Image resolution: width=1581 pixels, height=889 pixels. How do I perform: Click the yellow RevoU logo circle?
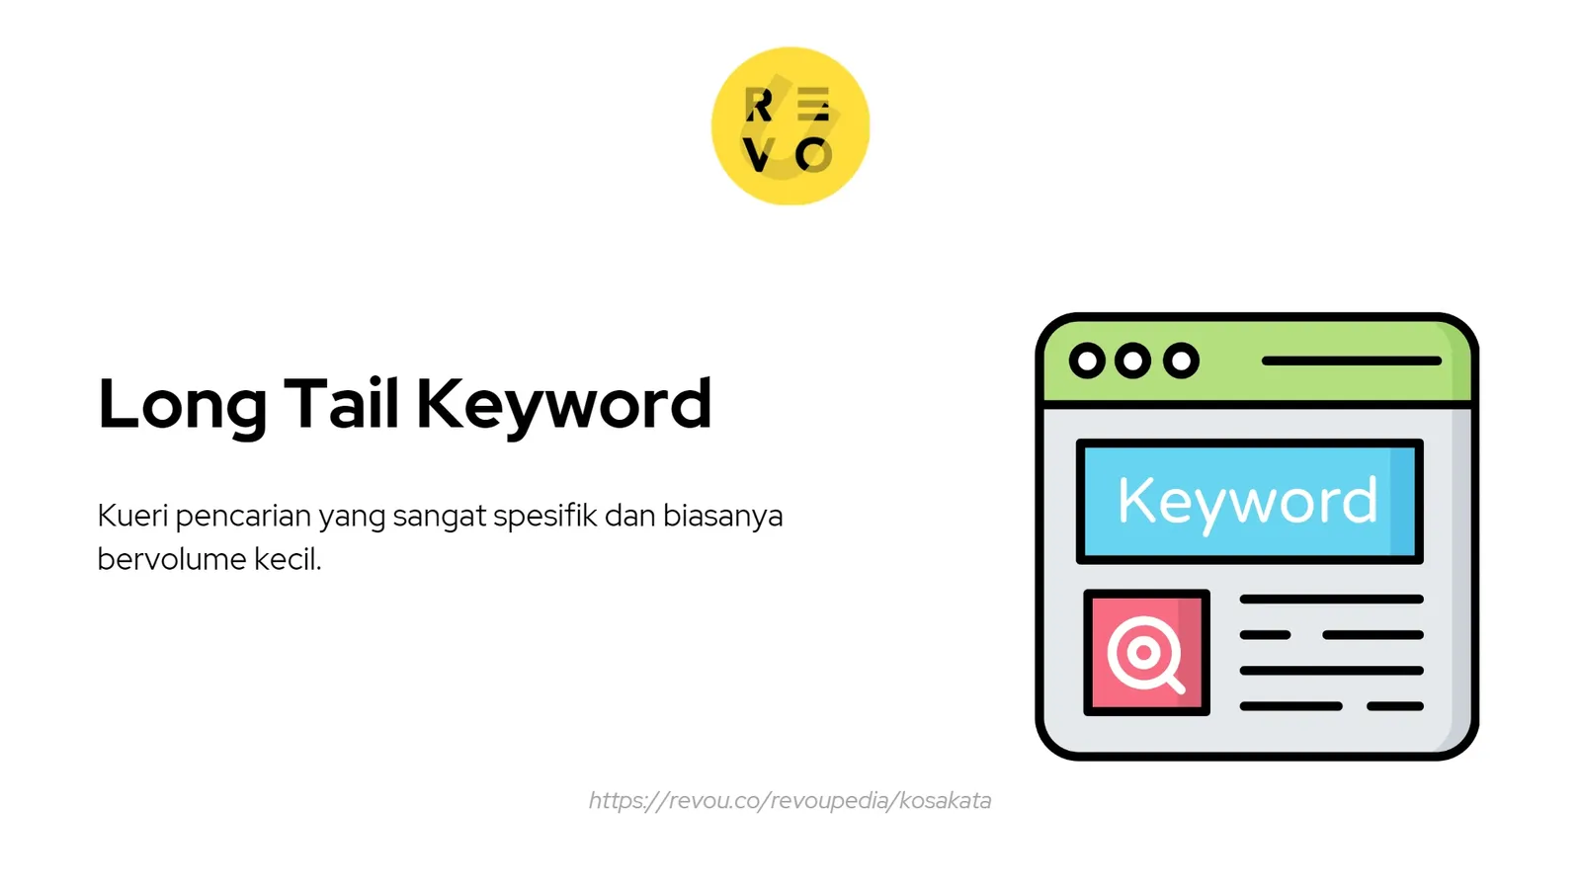pos(790,126)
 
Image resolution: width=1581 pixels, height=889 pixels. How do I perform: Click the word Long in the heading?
pos(182,405)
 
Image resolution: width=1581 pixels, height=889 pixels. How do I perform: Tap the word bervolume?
pos(172,559)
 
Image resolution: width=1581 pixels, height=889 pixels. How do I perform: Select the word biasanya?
pos(722,516)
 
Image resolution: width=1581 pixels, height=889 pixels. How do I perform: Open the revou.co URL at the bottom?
pos(790,800)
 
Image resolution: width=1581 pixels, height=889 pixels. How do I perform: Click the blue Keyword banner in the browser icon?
pos(1249,501)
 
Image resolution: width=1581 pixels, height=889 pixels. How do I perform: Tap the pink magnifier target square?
pos(1146,652)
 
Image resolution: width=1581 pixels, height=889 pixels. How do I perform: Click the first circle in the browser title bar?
pos(1087,361)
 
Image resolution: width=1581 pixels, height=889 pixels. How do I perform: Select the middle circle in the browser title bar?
pos(1133,361)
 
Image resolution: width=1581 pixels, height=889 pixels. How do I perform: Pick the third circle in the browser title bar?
pos(1181,361)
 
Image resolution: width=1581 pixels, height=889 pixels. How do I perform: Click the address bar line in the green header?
pos(1351,361)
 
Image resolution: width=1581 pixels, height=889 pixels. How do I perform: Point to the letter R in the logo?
pos(759,105)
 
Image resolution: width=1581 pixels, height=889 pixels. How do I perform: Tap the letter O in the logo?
pos(814,155)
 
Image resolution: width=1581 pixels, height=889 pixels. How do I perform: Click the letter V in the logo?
pos(759,155)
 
